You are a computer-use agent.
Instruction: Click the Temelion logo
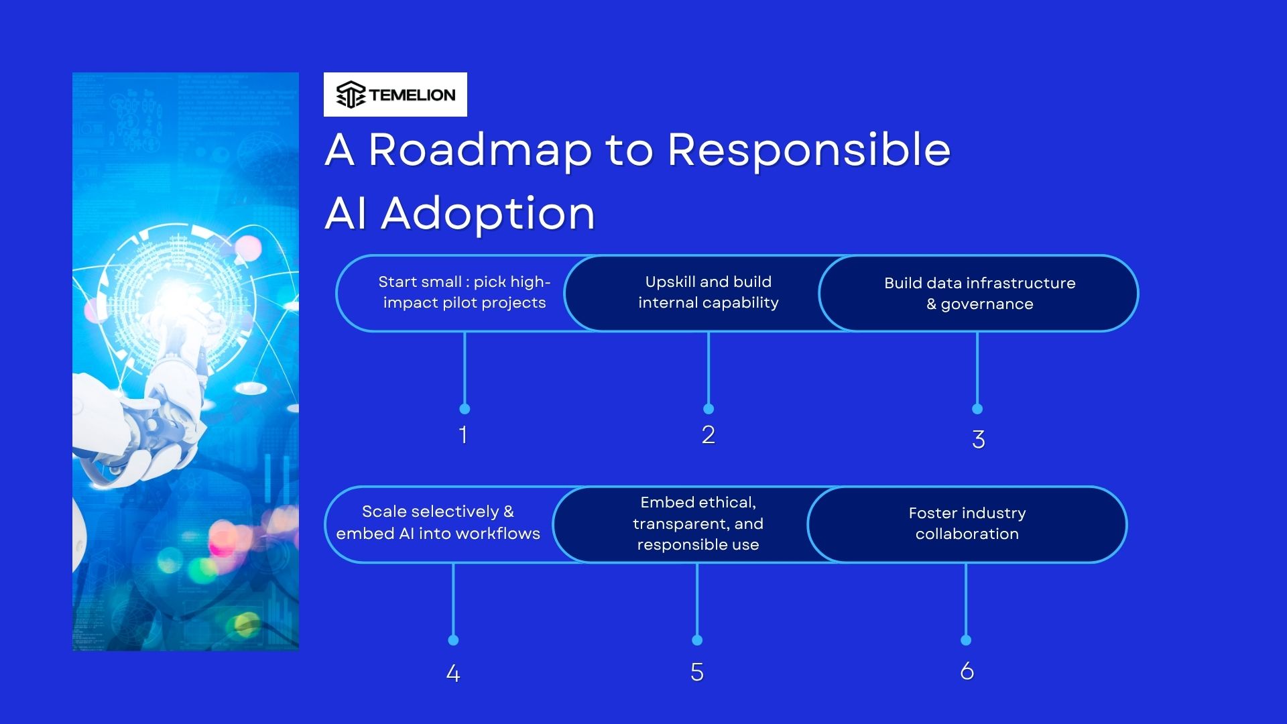point(395,95)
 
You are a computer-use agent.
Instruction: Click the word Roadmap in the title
point(479,149)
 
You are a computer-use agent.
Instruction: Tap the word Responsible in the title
point(808,149)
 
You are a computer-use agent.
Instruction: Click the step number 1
point(463,435)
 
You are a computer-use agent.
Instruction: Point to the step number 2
point(709,435)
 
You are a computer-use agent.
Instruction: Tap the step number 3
point(978,440)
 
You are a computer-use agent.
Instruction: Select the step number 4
point(453,673)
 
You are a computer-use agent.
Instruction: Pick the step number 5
point(697,672)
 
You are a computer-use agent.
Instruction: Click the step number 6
point(967,671)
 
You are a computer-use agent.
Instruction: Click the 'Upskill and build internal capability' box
point(708,293)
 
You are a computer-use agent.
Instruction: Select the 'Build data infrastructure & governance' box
point(979,294)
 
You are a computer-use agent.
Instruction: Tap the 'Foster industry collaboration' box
point(967,524)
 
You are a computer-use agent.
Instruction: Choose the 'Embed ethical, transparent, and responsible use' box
point(698,524)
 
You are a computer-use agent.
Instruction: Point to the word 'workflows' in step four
point(507,534)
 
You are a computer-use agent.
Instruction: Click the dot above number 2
point(709,409)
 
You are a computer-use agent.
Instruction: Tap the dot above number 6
point(966,640)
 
